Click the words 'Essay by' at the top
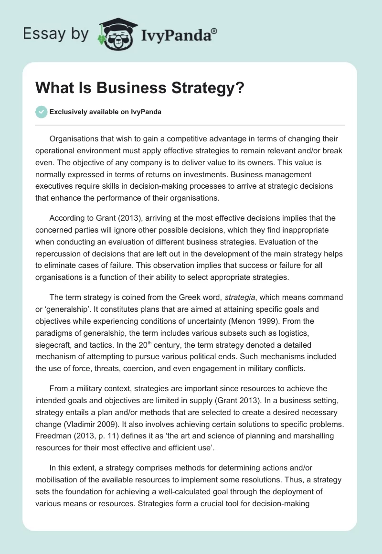point(55,34)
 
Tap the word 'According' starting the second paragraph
point(66,218)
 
